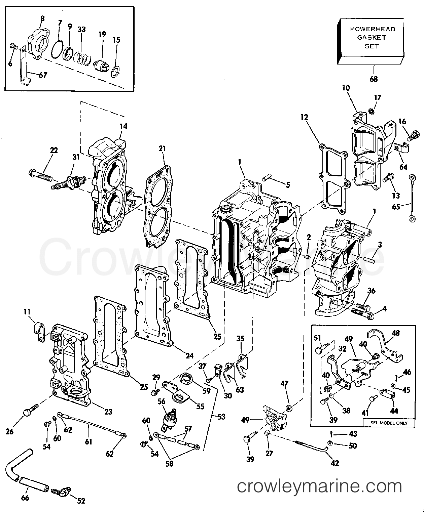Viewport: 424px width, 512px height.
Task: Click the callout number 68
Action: pyautogui.click(x=374, y=79)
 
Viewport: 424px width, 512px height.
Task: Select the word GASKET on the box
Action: pyautogui.click(x=372, y=38)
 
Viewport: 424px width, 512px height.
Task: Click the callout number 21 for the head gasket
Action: pyautogui.click(x=163, y=148)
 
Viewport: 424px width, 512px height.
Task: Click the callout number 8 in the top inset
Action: pyautogui.click(x=42, y=19)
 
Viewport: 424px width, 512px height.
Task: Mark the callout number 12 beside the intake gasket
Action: pyautogui.click(x=304, y=117)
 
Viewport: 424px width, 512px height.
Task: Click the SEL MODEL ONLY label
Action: pyautogui.click(x=389, y=423)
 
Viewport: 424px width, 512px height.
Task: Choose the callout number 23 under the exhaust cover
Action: pyautogui.click(x=108, y=411)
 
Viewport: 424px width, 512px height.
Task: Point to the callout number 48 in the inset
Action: pyautogui.click(x=396, y=333)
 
